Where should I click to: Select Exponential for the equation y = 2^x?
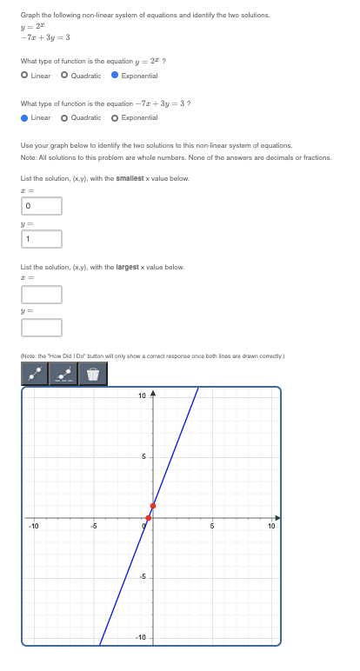point(116,76)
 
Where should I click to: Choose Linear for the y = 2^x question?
point(25,76)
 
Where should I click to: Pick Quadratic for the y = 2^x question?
point(65,76)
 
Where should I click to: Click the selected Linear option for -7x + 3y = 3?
point(25,117)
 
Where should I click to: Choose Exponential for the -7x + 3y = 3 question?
point(116,117)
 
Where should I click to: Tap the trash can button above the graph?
point(93,375)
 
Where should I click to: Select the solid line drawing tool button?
point(35,375)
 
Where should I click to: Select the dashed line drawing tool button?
point(63,375)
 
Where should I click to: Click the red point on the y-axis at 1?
point(153,505)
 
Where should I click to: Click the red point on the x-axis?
point(148,518)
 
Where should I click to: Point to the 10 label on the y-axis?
point(143,396)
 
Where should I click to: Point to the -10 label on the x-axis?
point(33,526)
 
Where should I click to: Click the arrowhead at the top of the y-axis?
point(153,394)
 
